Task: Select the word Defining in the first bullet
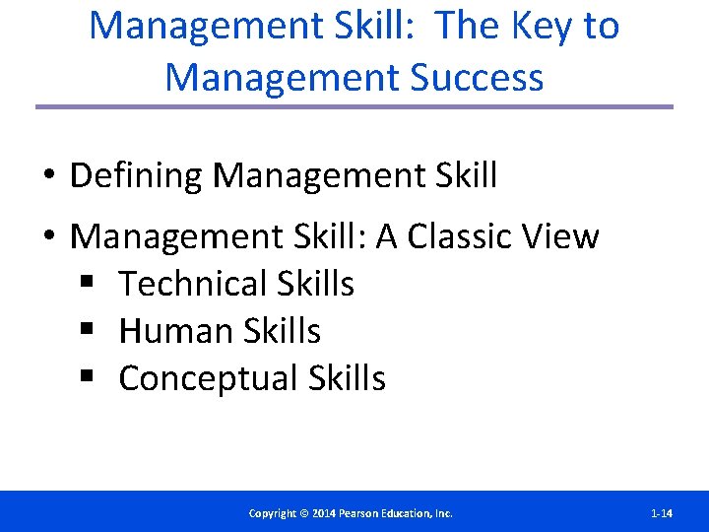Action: pos(136,176)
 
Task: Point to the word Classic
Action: pos(458,236)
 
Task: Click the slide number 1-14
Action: pos(662,513)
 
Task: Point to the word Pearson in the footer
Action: pos(364,513)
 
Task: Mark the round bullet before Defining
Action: pos(47,177)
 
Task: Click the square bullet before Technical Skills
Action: pos(88,285)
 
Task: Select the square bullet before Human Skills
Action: pos(88,332)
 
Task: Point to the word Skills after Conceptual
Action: pos(347,378)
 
